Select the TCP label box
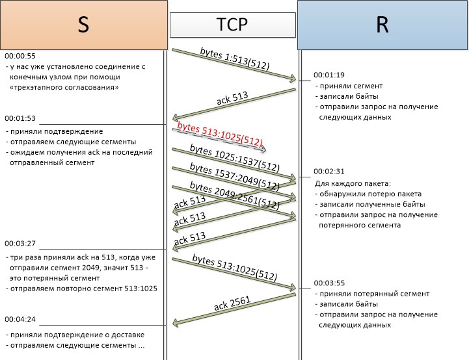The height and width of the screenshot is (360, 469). pos(231,24)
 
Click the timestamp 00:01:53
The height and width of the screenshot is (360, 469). pos(20,118)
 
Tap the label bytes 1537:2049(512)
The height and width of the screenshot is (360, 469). pos(234,176)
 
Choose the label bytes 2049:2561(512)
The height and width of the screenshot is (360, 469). pos(234,194)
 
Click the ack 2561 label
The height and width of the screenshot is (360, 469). pos(232,302)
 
